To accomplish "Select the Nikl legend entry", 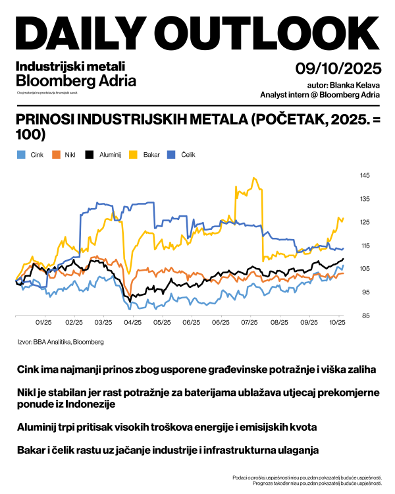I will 65,155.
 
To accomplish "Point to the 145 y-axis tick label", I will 365,175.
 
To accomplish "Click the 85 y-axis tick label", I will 364,316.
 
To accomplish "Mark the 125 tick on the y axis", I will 365,222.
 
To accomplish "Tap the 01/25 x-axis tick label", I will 43,323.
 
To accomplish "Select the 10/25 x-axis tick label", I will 338,323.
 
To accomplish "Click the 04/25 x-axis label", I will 132,323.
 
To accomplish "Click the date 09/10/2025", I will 338,69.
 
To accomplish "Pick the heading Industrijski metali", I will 69,66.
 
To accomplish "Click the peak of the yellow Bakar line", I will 253,177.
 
